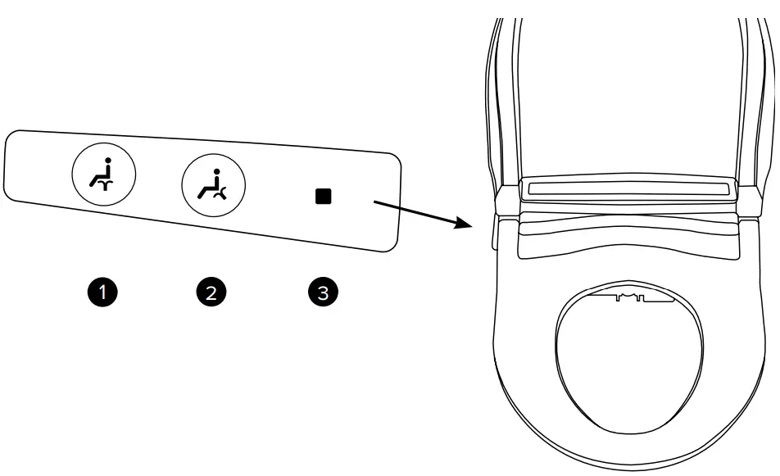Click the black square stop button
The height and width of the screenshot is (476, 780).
coord(324,197)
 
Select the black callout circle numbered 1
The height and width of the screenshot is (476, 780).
coord(104,292)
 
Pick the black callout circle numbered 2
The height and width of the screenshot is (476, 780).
coord(212,292)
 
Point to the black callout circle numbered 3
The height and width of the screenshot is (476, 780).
coord(321,292)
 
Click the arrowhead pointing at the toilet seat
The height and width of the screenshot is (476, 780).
coord(469,223)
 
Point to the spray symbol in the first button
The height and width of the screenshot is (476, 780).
coord(102,186)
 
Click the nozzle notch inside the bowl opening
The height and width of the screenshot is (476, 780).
coord(628,296)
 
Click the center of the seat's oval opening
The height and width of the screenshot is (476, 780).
coord(629,360)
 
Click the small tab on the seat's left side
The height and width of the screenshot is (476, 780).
coord(493,238)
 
